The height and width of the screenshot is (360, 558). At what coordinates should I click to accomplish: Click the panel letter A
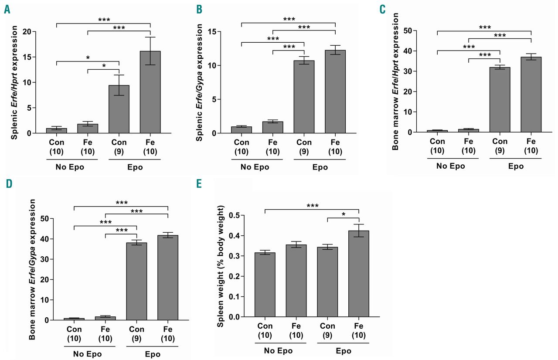coord(7,9)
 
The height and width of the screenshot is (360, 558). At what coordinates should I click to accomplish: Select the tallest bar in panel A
coord(150,92)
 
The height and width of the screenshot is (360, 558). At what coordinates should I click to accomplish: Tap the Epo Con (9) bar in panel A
coord(119,109)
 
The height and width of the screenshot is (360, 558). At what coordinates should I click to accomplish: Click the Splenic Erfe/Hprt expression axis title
coord(14,82)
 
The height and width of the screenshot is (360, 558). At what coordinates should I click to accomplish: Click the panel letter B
coord(199,9)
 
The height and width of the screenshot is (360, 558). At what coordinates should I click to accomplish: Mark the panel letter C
coord(383,9)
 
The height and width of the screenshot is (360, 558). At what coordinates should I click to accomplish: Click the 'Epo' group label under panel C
coord(515,166)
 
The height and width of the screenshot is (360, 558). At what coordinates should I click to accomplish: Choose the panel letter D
coord(7,183)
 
